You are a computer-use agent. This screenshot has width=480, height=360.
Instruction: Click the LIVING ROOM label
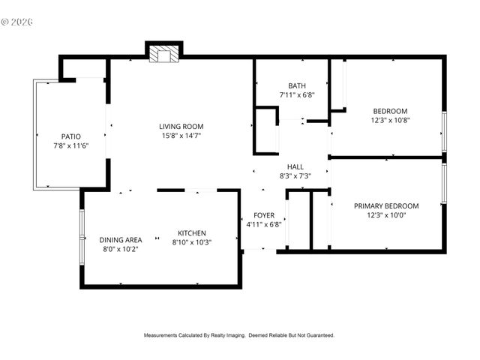pyautogui.click(x=181, y=126)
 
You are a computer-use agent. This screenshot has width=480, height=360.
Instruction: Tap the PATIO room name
pyautogui.click(x=70, y=136)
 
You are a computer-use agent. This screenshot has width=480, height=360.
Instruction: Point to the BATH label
pyautogui.click(x=296, y=85)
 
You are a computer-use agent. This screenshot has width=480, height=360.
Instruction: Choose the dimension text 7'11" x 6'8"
pyautogui.click(x=296, y=95)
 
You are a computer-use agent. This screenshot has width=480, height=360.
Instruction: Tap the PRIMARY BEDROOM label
pyautogui.click(x=386, y=205)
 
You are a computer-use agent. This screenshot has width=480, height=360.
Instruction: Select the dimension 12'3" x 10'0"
pyautogui.click(x=386, y=214)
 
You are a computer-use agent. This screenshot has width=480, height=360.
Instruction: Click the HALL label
pyautogui.click(x=295, y=166)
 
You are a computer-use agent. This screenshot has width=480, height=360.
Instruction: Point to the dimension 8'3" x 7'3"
pyautogui.click(x=295, y=175)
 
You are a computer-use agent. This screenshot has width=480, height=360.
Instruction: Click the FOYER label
pyautogui.click(x=263, y=214)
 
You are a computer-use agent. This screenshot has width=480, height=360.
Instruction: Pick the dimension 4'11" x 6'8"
pyautogui.click(x=263, y=223)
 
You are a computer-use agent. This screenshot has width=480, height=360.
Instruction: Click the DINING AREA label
pyautogui.click(x=121, y=239)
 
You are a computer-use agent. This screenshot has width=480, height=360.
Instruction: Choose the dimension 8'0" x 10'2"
pyautogui.click(x=121, y=248)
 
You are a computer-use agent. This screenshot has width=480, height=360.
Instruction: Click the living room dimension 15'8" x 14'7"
pyautogui.click(x=181, y=136)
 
